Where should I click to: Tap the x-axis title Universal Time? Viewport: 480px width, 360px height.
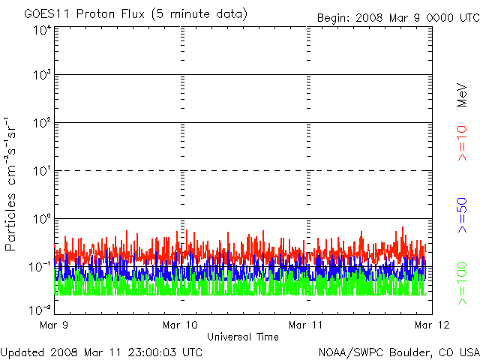243,337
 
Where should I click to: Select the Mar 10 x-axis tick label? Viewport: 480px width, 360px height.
181,325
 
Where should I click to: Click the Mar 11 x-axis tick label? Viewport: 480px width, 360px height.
307,325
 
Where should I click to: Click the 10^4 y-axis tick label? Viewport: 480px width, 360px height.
41,30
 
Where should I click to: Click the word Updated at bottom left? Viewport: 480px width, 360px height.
22,351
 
